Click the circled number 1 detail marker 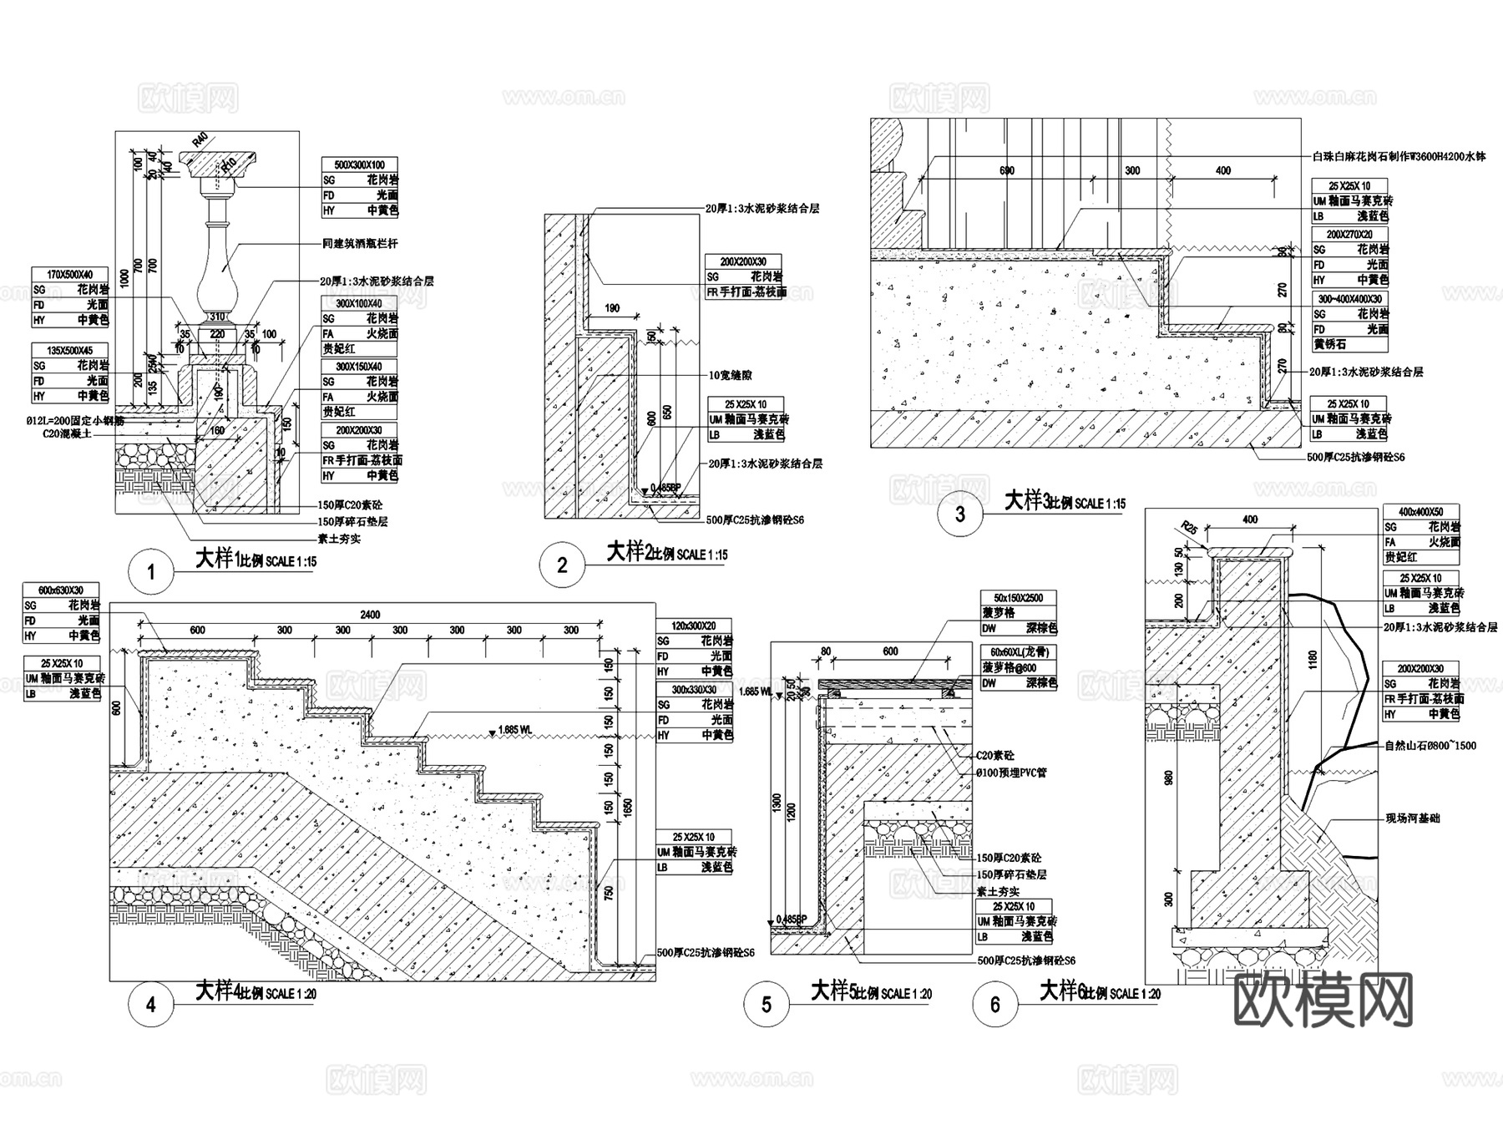coord(151,573)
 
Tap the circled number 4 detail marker coord(151,1005)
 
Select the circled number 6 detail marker coord(994,1005)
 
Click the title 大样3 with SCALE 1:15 coord(1064,501)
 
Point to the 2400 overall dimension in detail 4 coord(369,615)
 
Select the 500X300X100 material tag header coord(360,165)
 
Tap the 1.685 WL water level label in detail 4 coord(514,729)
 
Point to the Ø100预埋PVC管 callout coord(1010,773)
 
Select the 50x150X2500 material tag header coord(1018,598)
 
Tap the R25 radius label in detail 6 coord(1190,528)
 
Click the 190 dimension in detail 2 coord(611,308)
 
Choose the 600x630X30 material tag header coord(61,590)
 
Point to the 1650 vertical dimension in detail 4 coord(628,808)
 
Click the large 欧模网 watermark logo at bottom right coord(1323,1000)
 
